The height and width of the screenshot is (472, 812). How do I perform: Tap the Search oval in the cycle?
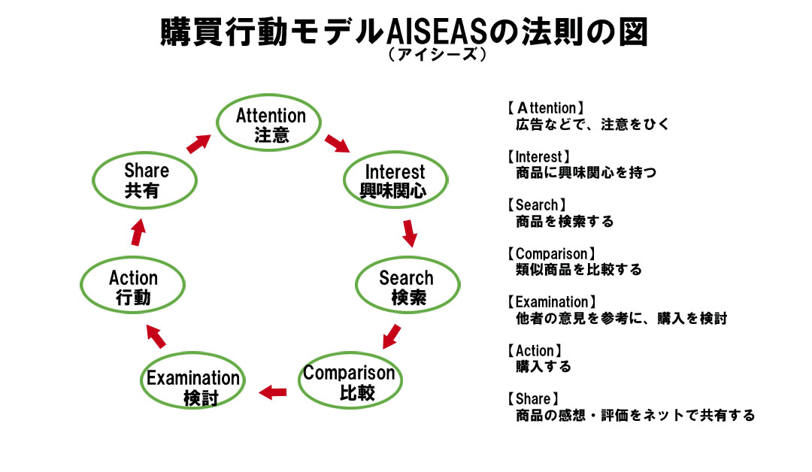pos(407,287)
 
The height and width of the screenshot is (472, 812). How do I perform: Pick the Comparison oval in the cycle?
pos(350,382)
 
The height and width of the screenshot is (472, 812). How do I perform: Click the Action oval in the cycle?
pos(133,286)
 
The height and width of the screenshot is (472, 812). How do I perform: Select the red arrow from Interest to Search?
pos(409,233)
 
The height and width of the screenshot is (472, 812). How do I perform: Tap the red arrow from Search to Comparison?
pos(391,336)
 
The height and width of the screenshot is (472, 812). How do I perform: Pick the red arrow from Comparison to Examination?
pos(273,391)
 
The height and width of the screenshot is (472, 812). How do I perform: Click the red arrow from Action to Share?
pos(137,233)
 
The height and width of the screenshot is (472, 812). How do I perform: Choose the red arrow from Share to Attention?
pos(198,143)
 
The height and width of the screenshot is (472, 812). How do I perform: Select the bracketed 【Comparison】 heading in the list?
pos(552,254)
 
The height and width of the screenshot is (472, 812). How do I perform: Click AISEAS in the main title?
pos(435,34)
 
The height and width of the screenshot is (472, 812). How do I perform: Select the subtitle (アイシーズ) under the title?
pos(435,56)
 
